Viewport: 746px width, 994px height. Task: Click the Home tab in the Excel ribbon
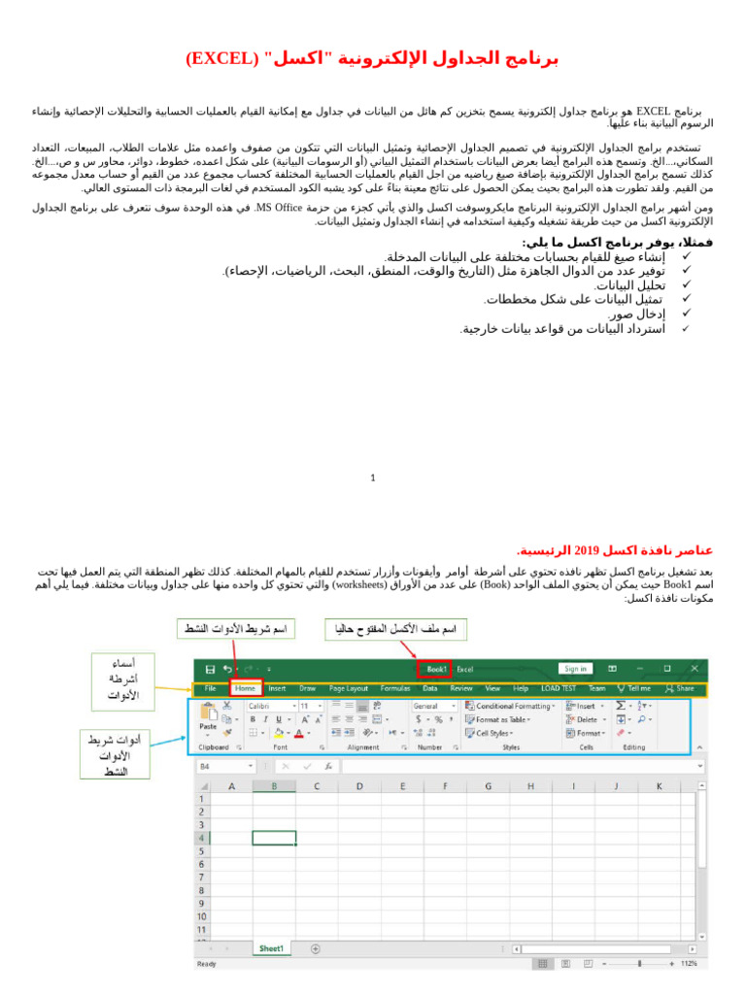(x=246, y=688)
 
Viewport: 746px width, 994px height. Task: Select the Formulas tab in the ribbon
(x=395, y=688)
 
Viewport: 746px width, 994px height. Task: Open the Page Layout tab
(x=349, y=688)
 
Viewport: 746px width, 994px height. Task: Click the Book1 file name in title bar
(x=436, y=669)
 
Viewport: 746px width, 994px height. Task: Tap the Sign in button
(x=576, y=669)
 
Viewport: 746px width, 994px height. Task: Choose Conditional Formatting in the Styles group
(x=512, y=706)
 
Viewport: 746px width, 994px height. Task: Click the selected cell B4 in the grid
(x=274, y=838)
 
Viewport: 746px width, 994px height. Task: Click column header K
(x=658, y=786)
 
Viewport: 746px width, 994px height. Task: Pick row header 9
(x=202, y=903)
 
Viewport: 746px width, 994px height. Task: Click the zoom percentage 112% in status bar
(x=689, y=964)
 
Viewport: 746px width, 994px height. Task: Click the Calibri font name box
(x=269, y=706)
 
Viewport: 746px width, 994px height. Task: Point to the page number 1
(x=373, y=478)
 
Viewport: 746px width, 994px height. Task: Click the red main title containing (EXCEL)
(x=372, y=58)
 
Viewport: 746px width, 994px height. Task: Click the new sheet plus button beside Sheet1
(x=302, y=948)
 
